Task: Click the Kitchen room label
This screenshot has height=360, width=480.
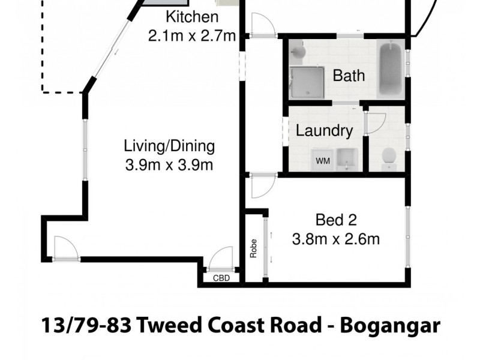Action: [x=191, y=17]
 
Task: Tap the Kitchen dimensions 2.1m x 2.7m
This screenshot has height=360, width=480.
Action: [x=192, y=35]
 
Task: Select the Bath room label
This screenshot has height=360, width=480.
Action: [x=349, y=76]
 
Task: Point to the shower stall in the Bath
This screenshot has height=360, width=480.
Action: [x=307, y=82]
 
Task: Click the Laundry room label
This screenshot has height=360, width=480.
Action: [x=324, y=130]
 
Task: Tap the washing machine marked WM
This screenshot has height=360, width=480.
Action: [x=322, y=160]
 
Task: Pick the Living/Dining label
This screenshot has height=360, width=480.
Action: [x=169, y=146]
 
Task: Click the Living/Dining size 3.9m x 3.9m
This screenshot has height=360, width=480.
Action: [x=169, y=165]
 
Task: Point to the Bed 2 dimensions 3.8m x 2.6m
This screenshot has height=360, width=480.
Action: [x=336, y=239]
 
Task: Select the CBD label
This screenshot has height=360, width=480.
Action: [x=220, y=278]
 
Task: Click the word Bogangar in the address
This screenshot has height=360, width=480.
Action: [x=391, y=326]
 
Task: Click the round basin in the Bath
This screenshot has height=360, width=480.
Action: [x=298, y=54]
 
